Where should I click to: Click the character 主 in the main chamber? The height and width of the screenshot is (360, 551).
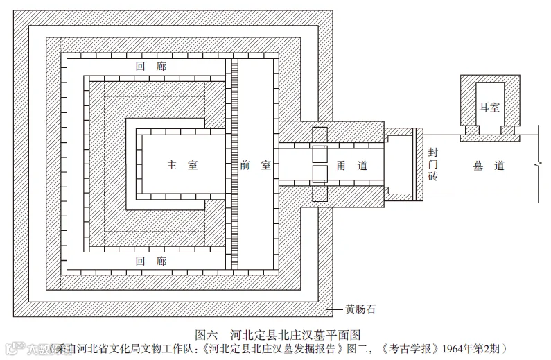171,165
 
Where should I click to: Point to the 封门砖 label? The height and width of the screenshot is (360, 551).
433,164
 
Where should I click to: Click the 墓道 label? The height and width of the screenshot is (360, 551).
489,165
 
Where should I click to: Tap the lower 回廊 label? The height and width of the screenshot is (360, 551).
151,261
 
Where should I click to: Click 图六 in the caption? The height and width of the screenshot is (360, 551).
208,332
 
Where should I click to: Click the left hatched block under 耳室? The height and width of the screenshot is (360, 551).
472,130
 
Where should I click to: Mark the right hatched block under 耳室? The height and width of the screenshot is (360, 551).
508,130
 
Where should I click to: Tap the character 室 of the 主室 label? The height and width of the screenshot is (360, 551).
193,165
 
